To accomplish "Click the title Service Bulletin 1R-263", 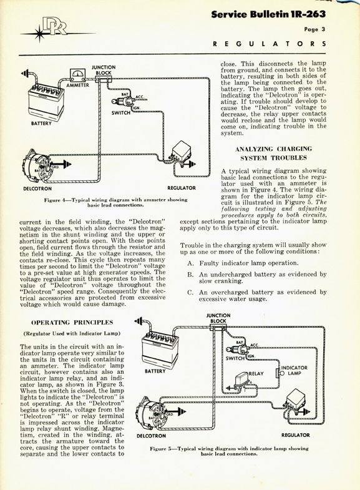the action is click(x=268, y=14).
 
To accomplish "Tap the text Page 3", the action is click(x=314, y=29).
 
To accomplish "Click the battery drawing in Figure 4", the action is click(x=46, y=102).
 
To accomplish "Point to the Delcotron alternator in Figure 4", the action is click(x=36, y=166).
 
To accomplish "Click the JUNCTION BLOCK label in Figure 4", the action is click(x=104, y=70).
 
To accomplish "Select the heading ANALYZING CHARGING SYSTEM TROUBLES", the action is click(x=273, y=153).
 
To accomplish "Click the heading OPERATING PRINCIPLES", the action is click(x=72, y=323).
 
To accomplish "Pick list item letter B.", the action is click(x=190, y=275).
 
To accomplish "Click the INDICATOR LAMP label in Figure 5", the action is click(x=294, y=370).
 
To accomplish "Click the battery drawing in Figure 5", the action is click(x=160, y=350).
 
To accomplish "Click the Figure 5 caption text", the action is click(x=229, y=451).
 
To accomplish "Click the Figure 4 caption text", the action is click(x=115, y=202).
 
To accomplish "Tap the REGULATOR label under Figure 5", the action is click(x=295, y=435).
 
